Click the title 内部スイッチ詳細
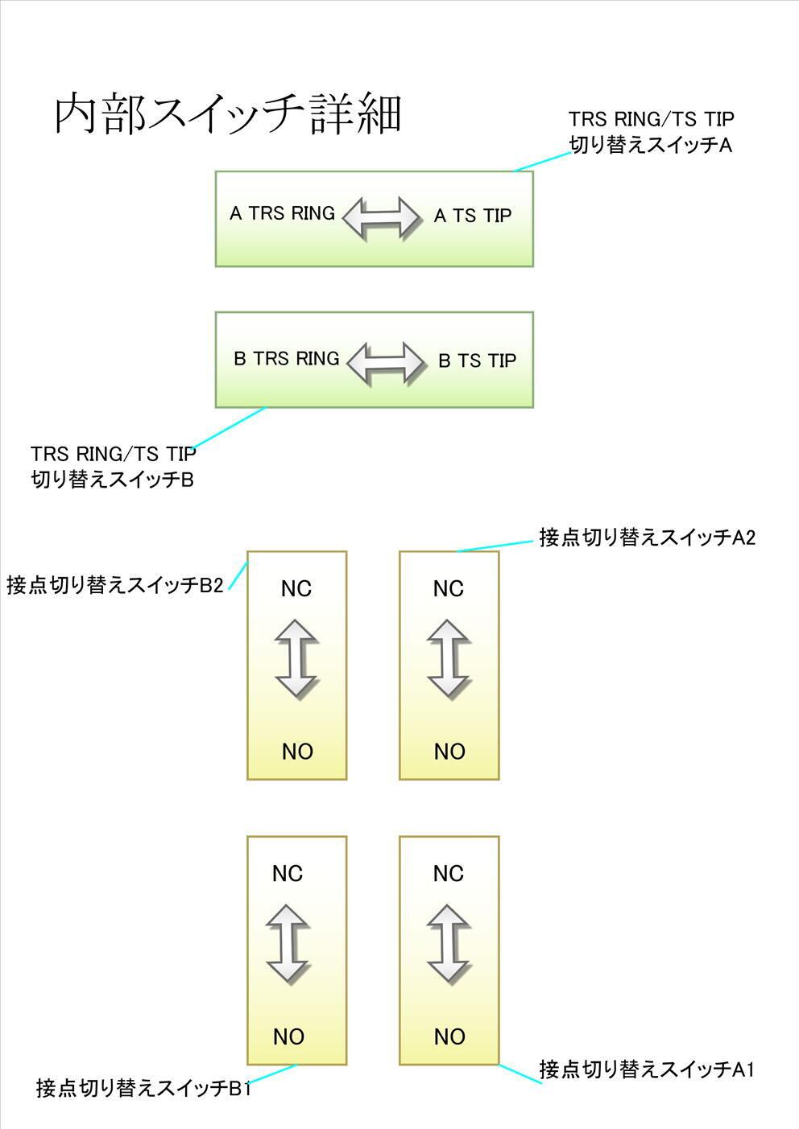[x=228, y=114]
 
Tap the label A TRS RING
[x=282, y=213]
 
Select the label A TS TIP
[x=473, y=216]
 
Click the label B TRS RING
[x=286, y=359]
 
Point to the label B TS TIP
[x=477, y=361]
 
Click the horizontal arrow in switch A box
[x=382, y=216]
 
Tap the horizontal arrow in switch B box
[x=387, y=362]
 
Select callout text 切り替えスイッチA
[x=651, y=146]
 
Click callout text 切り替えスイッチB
[x=112, y=480]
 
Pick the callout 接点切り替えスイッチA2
[x=647, y=538]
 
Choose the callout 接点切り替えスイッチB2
[x=114, y=585]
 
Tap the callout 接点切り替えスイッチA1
[x=647, y=1069]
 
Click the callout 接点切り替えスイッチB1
[x=143, y=1089]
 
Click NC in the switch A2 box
[x=448, y=589]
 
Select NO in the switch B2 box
[x=297, y=752]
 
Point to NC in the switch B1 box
[x=287, y=873]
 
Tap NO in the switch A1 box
[x=449, y=1036]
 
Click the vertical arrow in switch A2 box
[x=449, y=657]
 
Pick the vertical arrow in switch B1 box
[x=288, y=944]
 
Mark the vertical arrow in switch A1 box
[x=449, y=944]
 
